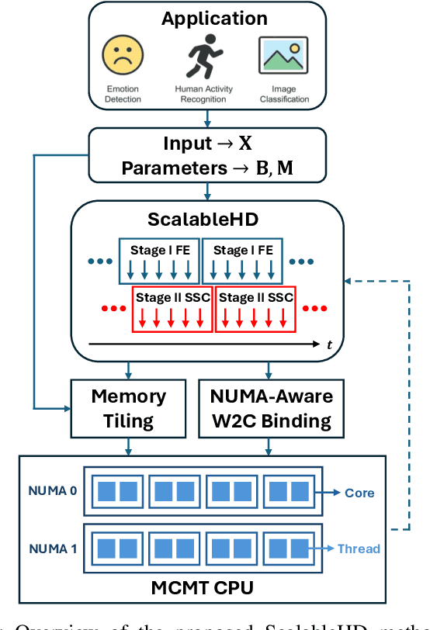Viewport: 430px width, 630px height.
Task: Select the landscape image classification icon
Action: click(283, 55)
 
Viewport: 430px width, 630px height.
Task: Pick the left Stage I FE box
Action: click(158, 261)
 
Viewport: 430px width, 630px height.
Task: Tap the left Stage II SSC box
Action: click(172, 308)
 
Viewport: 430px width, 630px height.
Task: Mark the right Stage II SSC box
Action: click(255, 308)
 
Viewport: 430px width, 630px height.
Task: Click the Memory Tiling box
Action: click(128, 409)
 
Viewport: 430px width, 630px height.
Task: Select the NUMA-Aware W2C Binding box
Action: click(271, 409)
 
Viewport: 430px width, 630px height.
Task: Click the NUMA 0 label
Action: click(52, 491)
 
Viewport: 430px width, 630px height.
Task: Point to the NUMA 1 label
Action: click(52, 548)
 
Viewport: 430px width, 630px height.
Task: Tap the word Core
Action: click(359, 493)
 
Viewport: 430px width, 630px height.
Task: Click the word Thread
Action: click(359, 549)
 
